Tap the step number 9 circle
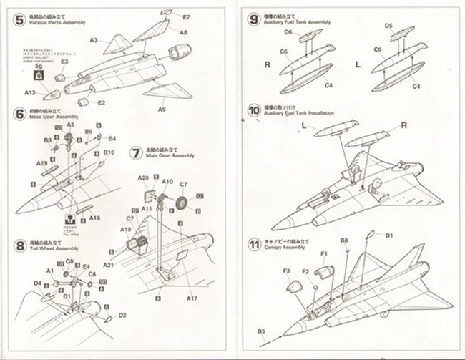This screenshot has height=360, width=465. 253,18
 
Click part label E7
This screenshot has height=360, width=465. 186,16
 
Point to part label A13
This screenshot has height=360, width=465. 29,93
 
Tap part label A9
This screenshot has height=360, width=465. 162,110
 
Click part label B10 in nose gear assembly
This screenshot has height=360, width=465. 109,152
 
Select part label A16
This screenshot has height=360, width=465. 96,218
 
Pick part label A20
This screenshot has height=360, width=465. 142,178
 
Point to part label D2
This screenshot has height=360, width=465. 122,315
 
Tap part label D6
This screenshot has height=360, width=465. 288,32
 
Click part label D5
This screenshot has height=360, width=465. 388,26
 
